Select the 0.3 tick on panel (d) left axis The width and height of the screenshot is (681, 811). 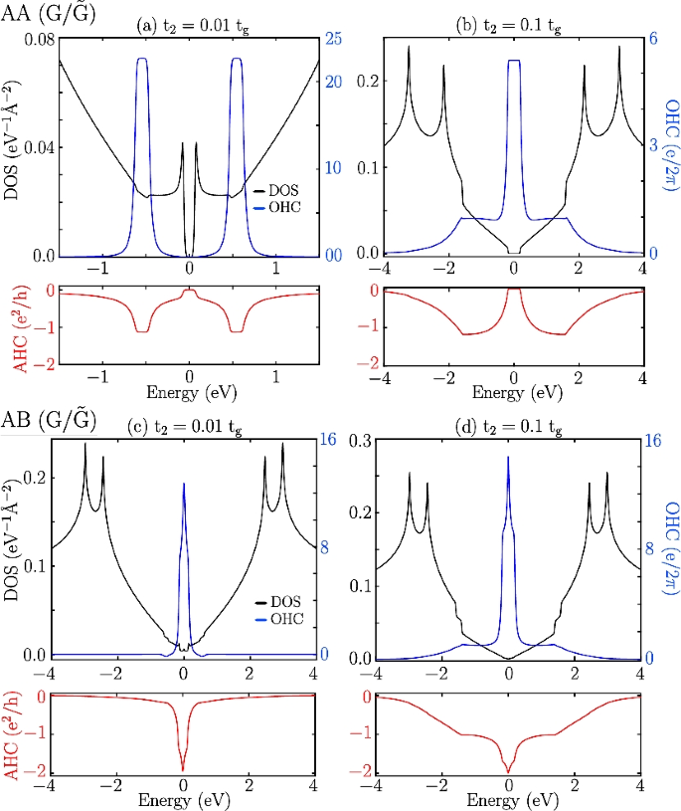[x=361, y=441]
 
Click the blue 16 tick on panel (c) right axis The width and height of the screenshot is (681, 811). [x=327, y=441]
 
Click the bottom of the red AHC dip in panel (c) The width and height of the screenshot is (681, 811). [x=183, y=768]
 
